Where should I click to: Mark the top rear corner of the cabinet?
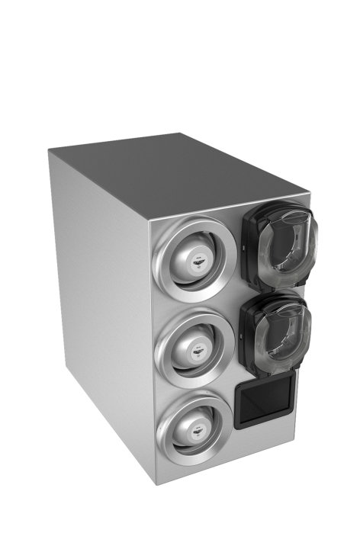(180, 134)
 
